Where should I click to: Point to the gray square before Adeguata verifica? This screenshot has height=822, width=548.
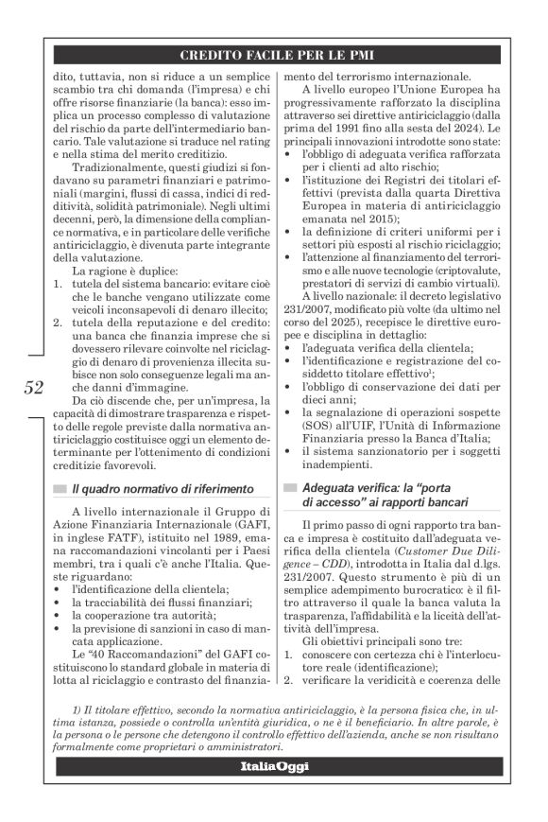tap(291, 488)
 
